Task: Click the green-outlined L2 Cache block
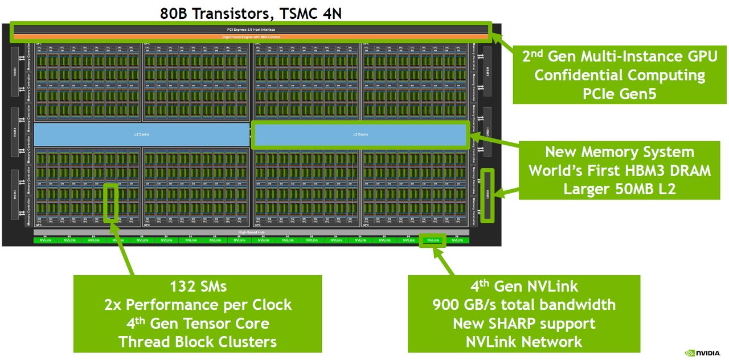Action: [x=360, y=134]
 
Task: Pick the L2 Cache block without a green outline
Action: [x=141, y=134]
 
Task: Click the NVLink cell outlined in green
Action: [x=433, y=240]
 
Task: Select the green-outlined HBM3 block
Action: [x=488, y=195]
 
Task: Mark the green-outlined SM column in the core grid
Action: [x=112, y=202]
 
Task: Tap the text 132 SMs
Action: [x=198, y=286]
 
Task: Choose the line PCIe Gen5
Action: [x=619, y=93]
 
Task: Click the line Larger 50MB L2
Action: [x=619, y=189]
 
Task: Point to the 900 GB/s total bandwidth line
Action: [x=524, y=305]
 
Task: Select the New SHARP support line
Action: [x=524, y=324]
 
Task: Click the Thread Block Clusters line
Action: [x=198, y=342]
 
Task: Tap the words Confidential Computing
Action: [x=619, y=75]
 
